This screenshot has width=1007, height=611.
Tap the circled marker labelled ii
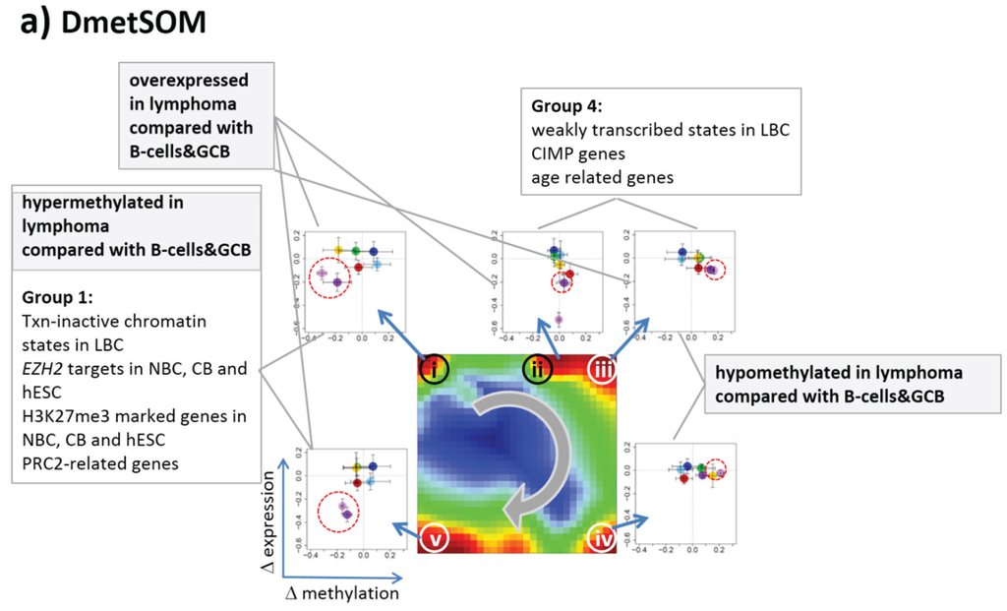click(x=536, y=369)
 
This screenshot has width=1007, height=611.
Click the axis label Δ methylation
click(x=342, y=593)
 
